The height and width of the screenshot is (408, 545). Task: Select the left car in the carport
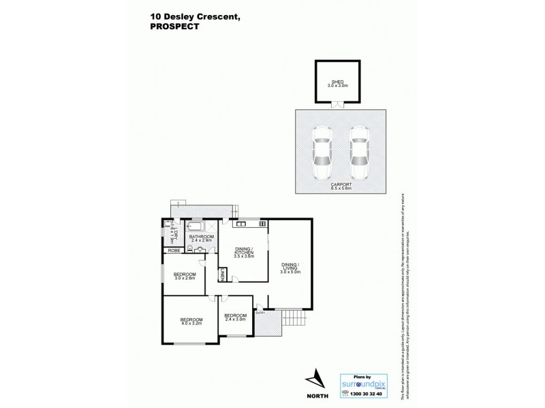coord(321,153)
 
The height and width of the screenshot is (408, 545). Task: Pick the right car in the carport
coord(359,153)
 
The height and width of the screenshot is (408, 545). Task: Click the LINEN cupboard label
coord(223,275)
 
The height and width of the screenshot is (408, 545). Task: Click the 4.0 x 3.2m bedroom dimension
coord(192,323)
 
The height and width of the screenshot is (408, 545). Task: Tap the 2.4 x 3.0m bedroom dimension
coord(235,319)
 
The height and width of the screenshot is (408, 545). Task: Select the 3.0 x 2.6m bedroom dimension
coord(185,277)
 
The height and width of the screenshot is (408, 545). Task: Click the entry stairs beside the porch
coord(294,316)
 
